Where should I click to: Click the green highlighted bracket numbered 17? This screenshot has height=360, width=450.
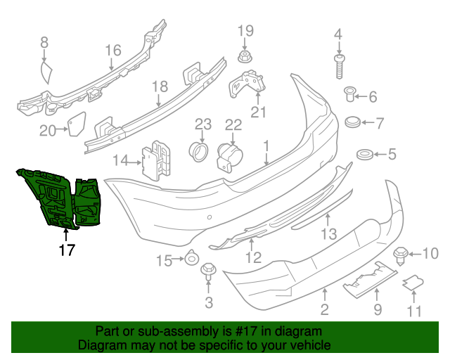point(60,198)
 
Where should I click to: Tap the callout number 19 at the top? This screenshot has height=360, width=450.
point(245,30)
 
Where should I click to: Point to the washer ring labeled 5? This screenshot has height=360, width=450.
point(365,154)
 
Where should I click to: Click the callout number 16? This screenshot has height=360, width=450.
point(113,50)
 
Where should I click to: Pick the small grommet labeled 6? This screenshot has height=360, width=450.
point(350,94)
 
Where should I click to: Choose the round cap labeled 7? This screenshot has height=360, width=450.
point(354,122)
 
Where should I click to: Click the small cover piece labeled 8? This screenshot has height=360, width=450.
point(47,72)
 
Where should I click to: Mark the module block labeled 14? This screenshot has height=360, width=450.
point(157,161)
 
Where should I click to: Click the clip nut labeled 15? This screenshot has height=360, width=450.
point(191,261)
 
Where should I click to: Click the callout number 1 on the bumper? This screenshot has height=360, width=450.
point(267,146)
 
